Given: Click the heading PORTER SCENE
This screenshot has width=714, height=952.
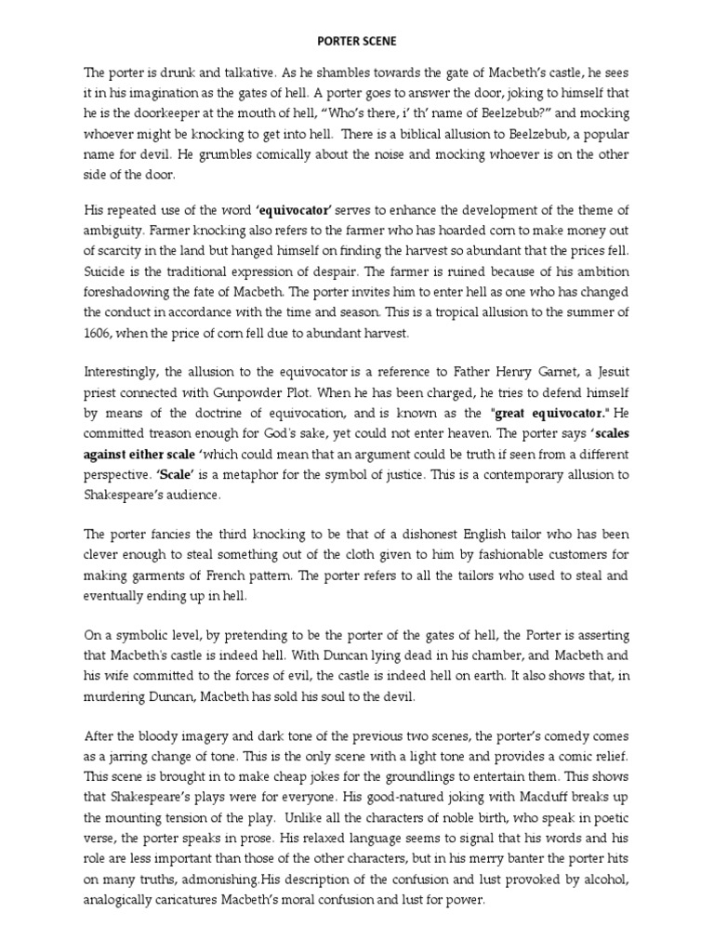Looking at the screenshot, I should click(357, 41).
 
